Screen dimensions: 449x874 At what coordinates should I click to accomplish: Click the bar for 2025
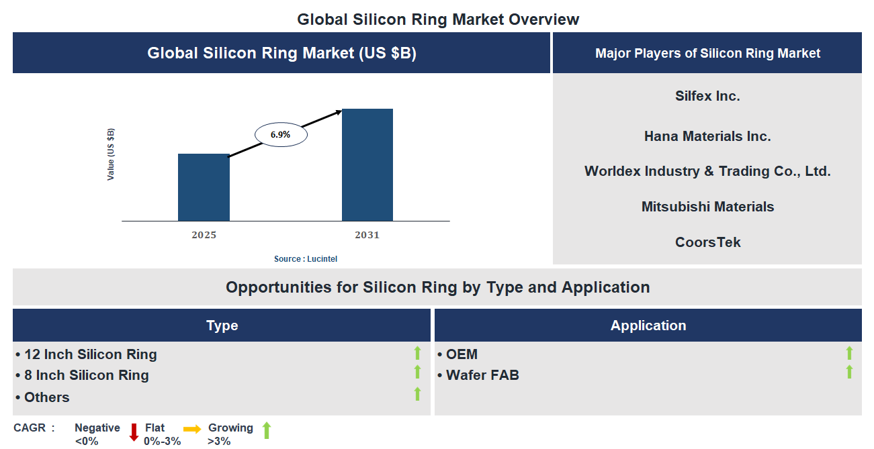(204, 187)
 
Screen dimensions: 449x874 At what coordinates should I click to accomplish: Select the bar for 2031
(367, 165)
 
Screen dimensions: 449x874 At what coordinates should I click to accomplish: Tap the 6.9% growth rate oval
(281, 135)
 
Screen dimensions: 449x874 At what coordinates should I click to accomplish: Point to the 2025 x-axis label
(204, 235)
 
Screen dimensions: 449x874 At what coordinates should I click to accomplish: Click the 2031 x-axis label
(367, 235)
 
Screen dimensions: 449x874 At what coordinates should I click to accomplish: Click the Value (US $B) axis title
(111, 154)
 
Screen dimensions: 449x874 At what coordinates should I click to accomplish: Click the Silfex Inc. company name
(707, 96)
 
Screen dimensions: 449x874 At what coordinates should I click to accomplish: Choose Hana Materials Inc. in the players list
(707, 136)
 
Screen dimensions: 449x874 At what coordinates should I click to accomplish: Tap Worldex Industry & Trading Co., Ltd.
(707, 171)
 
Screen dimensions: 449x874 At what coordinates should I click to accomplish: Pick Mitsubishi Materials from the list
(707, 207)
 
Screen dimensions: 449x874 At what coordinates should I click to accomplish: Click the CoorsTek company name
(707, 242)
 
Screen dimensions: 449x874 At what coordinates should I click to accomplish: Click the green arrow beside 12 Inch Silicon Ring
(417, 353)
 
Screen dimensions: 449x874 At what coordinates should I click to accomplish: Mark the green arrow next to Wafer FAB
(849, 372)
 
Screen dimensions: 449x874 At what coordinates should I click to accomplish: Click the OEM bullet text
(462, 354)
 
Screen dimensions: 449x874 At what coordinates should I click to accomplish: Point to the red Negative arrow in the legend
(134, 431)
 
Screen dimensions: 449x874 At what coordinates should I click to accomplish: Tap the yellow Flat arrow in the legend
(192, 430)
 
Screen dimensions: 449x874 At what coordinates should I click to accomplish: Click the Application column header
(648, 326)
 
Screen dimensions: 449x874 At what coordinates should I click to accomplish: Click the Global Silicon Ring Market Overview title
(438, 19)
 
